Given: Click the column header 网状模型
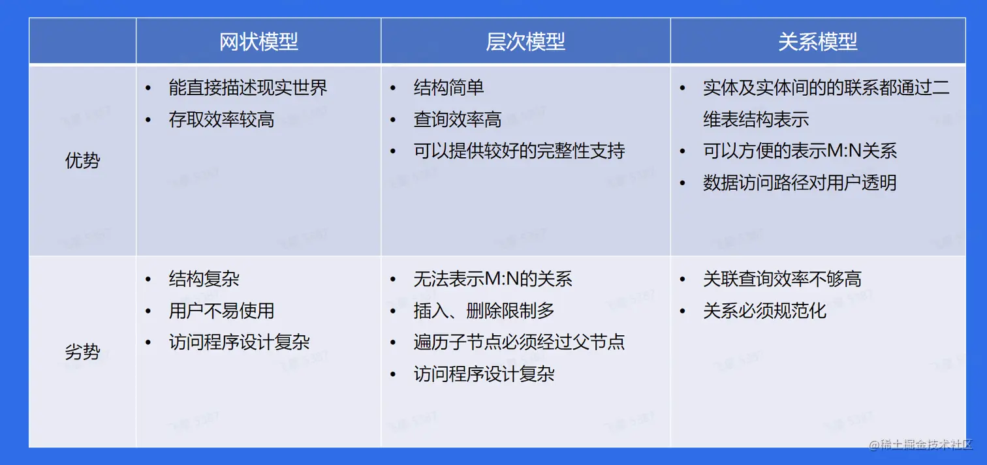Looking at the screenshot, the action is point(258,42).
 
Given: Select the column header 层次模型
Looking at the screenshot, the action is point(525,42).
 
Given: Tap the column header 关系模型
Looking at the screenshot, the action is point(818,42).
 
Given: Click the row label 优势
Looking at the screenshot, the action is point(82,160).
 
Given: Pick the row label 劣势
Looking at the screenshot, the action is point(82,352).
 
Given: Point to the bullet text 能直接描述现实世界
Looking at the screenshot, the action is point(248,87).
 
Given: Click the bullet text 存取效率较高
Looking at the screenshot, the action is point(222,119).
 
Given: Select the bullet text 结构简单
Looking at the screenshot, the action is point(449,87).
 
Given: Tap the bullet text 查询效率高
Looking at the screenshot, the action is point(458,119).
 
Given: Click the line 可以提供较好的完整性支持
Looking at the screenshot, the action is point(520,151).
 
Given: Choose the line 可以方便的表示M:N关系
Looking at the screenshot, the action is point(800,151).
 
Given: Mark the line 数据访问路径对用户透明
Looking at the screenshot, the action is point(800,183).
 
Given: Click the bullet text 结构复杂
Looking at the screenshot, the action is point(204,278).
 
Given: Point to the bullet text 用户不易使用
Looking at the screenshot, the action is point(222,311).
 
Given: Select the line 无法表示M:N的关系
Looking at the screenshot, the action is point(493,278).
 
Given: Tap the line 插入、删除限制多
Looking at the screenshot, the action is point(484,311).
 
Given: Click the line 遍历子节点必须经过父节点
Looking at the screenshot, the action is point(520,342).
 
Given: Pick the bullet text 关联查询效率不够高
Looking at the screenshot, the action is point(783,278).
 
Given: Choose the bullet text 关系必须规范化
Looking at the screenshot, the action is point(765,311).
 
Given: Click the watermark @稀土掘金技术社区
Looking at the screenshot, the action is point(921,445).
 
